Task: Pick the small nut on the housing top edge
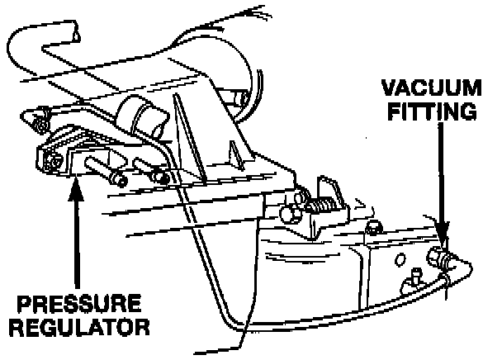[373, 228]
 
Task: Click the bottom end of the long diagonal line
[241, 346]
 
